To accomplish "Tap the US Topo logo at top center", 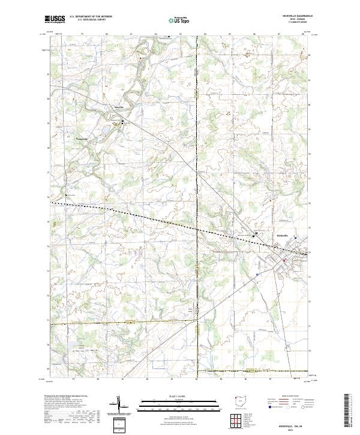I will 178,20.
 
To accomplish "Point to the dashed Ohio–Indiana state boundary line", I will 197,198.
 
